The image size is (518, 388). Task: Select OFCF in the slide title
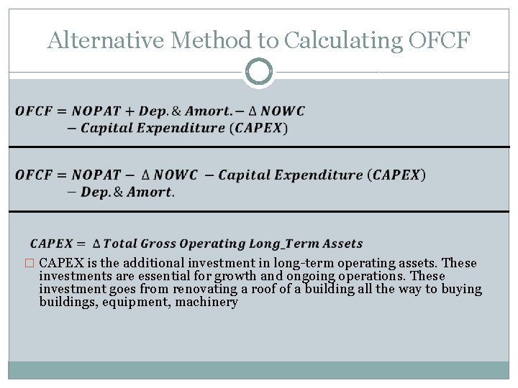point(439,41)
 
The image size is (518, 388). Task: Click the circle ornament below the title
point(259,72)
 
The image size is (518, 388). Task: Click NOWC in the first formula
point(283,111)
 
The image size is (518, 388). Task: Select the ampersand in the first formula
point(176,111)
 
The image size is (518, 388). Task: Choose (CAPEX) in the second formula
point(396,175)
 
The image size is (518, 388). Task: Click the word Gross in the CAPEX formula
point(156,244)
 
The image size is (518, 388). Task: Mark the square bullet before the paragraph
point(29,264)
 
